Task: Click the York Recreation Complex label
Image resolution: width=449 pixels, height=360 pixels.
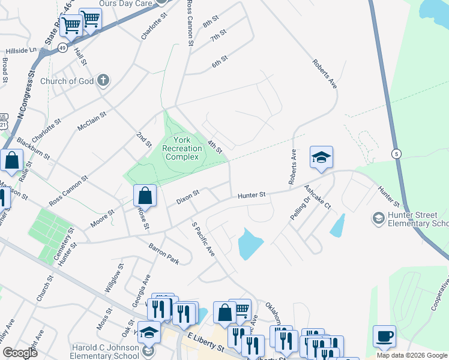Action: tap(182, 148)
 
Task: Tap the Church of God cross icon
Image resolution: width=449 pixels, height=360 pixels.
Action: tap(103, 80)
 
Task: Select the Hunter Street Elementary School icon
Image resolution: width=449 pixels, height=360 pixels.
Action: tap(379, 217)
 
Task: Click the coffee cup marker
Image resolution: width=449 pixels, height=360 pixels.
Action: tap(384, 336)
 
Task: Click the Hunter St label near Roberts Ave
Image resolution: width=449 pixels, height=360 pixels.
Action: tap(251, 195)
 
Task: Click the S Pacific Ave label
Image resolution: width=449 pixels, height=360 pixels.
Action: tap(203, 239)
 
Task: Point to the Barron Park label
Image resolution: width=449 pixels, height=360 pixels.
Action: tap(164, 253)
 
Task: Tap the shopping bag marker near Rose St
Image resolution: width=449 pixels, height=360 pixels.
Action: tap(145, 196)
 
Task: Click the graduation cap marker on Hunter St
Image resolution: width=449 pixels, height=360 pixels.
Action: tap(321, 158)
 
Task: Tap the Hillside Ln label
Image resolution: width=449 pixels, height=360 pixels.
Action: tap(22, 51)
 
